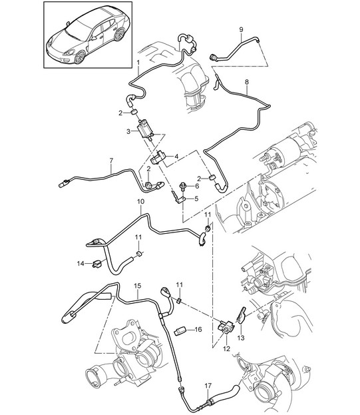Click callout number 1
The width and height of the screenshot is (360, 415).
pyautogui.click(x=138, y=63)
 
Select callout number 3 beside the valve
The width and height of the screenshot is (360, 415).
pyautogui.click(x=128, y=131)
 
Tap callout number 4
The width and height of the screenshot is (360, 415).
pyautogui.click(x=176, y=157)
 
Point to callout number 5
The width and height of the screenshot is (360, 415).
pyautogui.click(x=196, y=199)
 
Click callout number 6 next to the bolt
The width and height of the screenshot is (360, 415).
pyautogui.click(x=197, y=186)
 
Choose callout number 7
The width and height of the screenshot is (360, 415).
pyautogui.click(x=111, y=161)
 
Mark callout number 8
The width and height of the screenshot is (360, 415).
pyautogui.click(x=247, y=82)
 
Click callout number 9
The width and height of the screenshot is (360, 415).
pyautogui.click(x=241, y=29)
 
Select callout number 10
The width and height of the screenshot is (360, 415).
pyautogui.click(x=141, y=202)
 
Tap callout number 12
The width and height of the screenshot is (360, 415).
pyautogui.click(x=226, y=349)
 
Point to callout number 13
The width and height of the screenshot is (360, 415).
pyautogui.click(x=241, y=338)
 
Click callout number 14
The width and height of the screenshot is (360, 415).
pyautogui.click(x=81, y=263)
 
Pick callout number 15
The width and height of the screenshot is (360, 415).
pyautogui.click(x=138, y=286)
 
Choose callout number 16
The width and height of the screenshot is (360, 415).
pyautogui.click(x=198, y=329)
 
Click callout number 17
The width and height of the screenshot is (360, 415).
pyautogui.click(x=208, y=386)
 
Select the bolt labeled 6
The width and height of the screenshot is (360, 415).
pyautogui.click(x=182, y=186)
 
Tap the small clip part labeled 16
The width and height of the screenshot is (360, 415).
pyautogui.click(x=180, y=331)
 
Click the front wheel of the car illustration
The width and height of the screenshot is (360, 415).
pyautogui.click(x=80, y=57)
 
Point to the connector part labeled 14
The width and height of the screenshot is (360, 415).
pyautogui.click(x=97, y=264)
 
